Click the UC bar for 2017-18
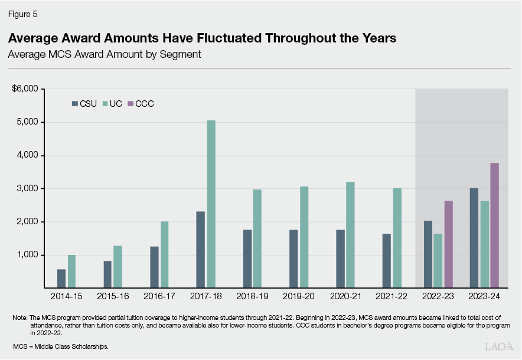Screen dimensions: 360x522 210,204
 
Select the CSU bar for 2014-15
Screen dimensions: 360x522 61,278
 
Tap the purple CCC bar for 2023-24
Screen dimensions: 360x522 495,225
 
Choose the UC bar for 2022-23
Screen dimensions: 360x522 437,260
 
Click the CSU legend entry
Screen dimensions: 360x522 84,104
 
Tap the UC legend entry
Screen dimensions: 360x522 112,104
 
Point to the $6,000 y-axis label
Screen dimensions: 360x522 25,89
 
